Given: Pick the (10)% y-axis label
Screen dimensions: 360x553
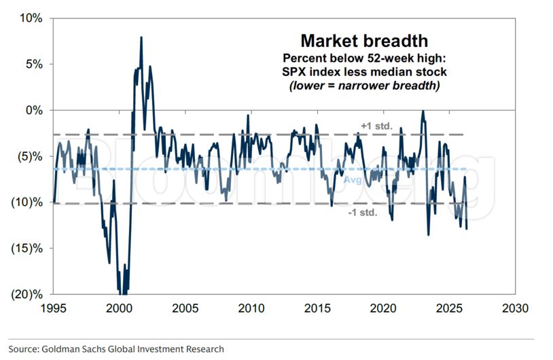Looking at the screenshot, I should click(x=26, y=202).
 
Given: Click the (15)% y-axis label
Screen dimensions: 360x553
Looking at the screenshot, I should click(x=26, y=248).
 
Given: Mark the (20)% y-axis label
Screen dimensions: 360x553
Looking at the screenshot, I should click(x=26, y=294).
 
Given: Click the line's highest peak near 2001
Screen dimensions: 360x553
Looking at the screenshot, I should click(x=141, y=37).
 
